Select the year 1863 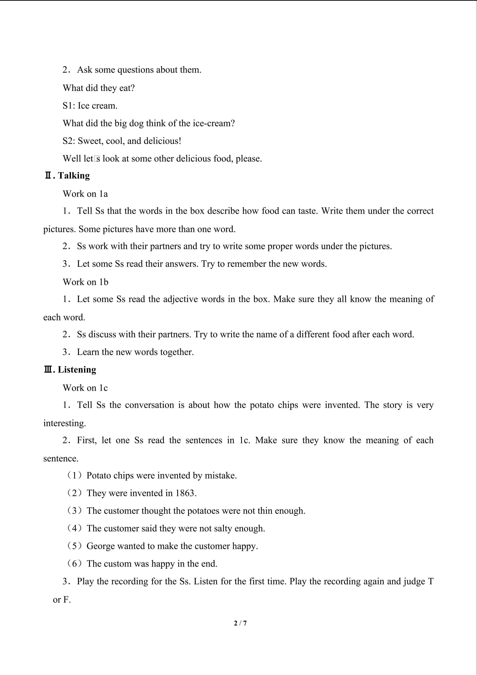point(185,493)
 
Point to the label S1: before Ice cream point(69,105)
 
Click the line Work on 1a point(85,194)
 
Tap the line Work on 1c point(85,388)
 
